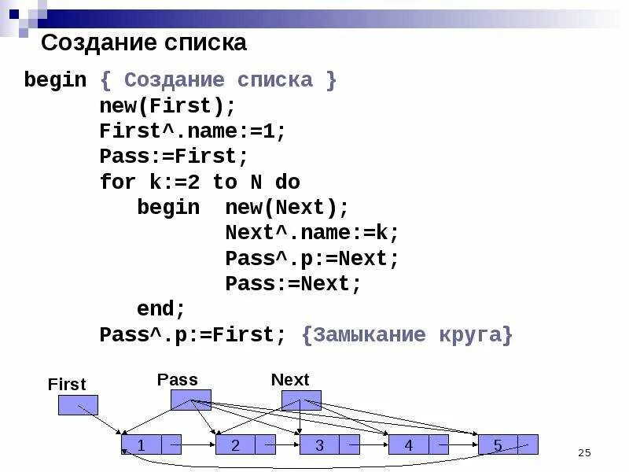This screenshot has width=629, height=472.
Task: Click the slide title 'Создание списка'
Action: tap(143, 42)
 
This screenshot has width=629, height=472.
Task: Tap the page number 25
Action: tap(583, 452)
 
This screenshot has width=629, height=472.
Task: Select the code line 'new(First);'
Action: tap(167, 105)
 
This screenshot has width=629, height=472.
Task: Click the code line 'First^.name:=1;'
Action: tap(193, 131)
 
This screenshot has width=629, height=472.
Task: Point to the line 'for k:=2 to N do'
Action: tap(200, 182)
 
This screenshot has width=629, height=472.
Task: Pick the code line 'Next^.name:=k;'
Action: tap(312, 233)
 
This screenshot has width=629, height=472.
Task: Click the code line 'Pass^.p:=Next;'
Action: tap(312, 259)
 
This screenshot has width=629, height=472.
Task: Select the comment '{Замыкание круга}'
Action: tap(406, 335)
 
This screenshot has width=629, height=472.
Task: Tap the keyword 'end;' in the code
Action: tap(161, 309)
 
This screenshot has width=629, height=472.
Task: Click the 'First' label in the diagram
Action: tap(67, 385)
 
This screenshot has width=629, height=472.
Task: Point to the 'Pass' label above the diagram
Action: tap(178, 379)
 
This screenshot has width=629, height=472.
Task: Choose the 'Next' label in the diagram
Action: tap(290, 380)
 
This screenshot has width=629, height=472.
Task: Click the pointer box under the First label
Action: tap(78, 405)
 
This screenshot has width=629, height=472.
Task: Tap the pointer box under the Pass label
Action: tap(191, 400)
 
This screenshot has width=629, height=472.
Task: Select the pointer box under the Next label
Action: tap(301, 400)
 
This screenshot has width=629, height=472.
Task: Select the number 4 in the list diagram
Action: tap(409, 444)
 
